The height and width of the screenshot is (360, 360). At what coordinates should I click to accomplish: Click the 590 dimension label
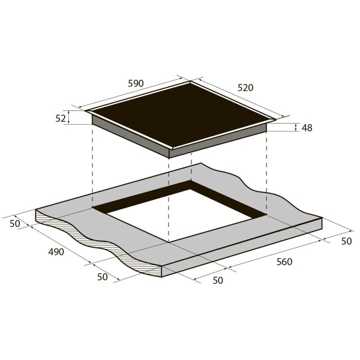click(x=136, y=83)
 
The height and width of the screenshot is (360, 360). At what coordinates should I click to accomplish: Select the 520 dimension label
click(x=245, y=88)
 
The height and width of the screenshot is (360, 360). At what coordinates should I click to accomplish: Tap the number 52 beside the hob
click(x=61, y=118)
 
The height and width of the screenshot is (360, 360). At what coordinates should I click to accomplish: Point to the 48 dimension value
click(x=307, y=128)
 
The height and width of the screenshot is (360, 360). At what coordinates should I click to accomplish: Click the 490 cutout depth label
click(x=56, y=252)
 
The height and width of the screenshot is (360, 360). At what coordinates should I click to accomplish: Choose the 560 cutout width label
click(x=284, y=262)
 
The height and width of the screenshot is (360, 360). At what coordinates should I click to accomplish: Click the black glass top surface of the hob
click(x=181, y=115)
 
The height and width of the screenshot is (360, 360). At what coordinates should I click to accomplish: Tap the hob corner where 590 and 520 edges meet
click(x=190, y=81)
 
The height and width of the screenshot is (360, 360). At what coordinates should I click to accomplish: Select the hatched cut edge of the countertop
click(x=99, y=241)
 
